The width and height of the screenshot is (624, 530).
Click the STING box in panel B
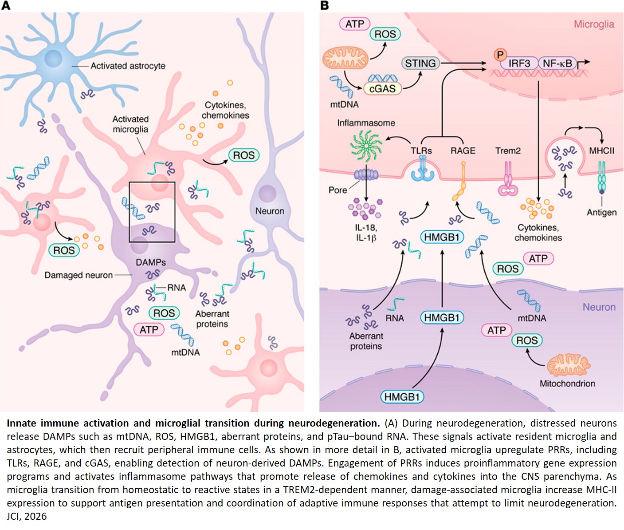420,63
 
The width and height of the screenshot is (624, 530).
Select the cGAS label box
382,88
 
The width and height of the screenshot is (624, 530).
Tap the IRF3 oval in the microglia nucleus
519,63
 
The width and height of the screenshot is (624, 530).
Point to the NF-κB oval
557,63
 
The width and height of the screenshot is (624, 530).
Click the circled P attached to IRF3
500,55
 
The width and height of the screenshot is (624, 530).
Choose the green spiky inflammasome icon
366,146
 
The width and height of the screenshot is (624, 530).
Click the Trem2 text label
508,151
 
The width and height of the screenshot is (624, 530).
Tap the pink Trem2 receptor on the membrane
508,180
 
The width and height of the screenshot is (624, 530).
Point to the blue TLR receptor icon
422,171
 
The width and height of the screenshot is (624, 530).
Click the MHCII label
601,151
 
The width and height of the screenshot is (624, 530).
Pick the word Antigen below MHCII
601,212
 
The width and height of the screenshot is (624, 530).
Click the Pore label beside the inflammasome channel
338,190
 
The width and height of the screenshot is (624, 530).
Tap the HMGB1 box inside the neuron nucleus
402,396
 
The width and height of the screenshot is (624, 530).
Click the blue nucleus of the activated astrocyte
53,59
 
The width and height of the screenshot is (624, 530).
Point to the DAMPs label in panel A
151,262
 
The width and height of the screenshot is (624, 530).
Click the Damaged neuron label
78,275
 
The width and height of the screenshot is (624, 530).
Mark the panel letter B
324,5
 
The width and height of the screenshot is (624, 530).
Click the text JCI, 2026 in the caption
27,516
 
